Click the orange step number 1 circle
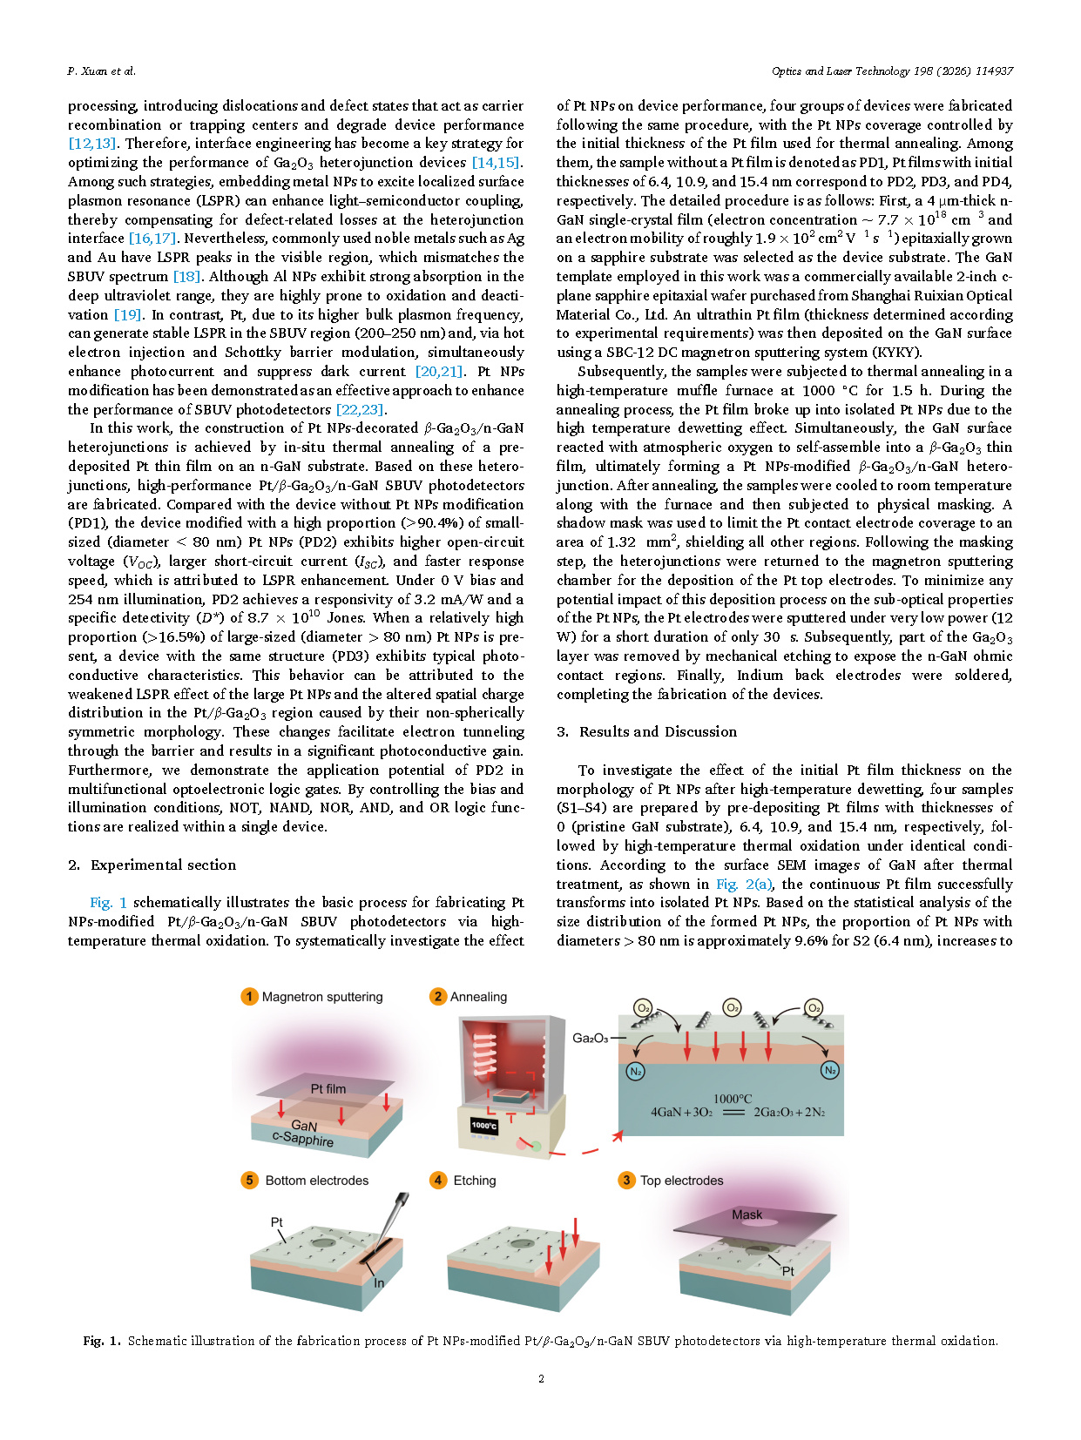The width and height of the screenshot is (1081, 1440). (x=249, y=997)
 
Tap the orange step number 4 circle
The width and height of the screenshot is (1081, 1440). (x=438, y=1180)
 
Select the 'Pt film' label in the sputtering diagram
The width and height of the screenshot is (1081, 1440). (x=328, y=1088)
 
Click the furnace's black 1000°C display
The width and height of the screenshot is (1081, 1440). (x=484, y=1126)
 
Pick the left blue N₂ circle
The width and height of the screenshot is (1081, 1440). (x=636, y=1071)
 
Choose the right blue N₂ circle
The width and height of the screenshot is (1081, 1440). (x=830, y=1070)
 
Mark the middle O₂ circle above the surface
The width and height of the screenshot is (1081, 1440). (x=733, y=1008)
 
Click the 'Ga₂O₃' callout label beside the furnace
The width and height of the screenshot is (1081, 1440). (x=590, y=1038)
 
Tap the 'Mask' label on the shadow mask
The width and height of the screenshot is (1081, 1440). (x=747, y=1215)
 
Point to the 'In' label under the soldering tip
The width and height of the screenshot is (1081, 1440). (x=379, y=1282)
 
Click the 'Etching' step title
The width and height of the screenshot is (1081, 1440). (x=475, y=1181)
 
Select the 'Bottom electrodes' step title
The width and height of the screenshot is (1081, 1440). (x=317, y=1181)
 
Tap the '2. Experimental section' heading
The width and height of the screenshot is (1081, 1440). (x=152, y=865)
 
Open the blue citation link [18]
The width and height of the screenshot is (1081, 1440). (x=186, y=276)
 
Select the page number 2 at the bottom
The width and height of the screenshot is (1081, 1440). (x=541, y=1378)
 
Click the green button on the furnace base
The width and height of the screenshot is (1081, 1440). (x=537, y=1147)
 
